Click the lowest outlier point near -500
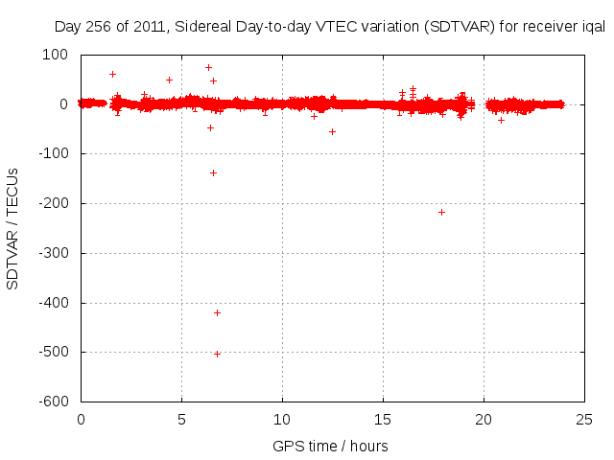pos(217,354)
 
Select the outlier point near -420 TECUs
pos(217,312)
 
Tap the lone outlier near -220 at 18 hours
pos(441,212)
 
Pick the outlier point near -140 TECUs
pos(213,172)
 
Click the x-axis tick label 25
pos(584,420)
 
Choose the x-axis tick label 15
pos(383,420)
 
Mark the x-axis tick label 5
pos(181,420)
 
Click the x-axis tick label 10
pos(282,420)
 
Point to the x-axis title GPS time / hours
pos(330,446)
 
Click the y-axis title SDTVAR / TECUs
pos(13,228)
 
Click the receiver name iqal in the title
pos(593,27)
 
